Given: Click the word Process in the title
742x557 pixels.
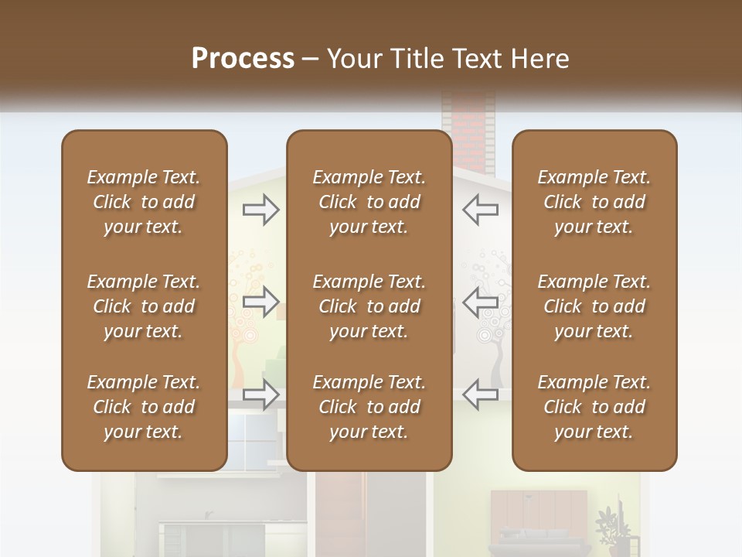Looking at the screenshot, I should (x=243, y=59).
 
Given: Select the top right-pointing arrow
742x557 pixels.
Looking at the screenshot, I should (x=260, y=210).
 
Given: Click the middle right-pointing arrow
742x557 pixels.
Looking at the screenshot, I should (x=260, y=302).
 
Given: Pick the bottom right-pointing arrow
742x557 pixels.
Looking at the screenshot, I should (x=260, y=395).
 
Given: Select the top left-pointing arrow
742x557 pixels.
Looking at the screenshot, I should (x=481, y=210).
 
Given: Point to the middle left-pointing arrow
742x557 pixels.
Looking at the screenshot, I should (x=481, y=302).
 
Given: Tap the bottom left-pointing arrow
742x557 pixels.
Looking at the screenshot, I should (x=481, y=395).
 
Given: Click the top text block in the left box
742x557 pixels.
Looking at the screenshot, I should (x=144, y=202).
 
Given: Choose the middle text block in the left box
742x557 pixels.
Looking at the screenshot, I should (x=144, y=306).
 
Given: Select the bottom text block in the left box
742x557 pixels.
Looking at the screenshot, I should (x=144, y=407).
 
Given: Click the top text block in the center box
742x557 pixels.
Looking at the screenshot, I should (x=369, y=202).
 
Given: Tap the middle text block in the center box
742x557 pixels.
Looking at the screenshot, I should (x=369, y=306).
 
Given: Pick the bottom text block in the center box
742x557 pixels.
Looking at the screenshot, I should (x=369, y=407).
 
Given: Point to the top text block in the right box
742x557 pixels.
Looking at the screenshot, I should (x=594, y=202).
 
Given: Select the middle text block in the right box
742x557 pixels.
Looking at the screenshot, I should (x=594, y=306).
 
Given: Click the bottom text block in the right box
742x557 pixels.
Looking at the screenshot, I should (x=594, y=407).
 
